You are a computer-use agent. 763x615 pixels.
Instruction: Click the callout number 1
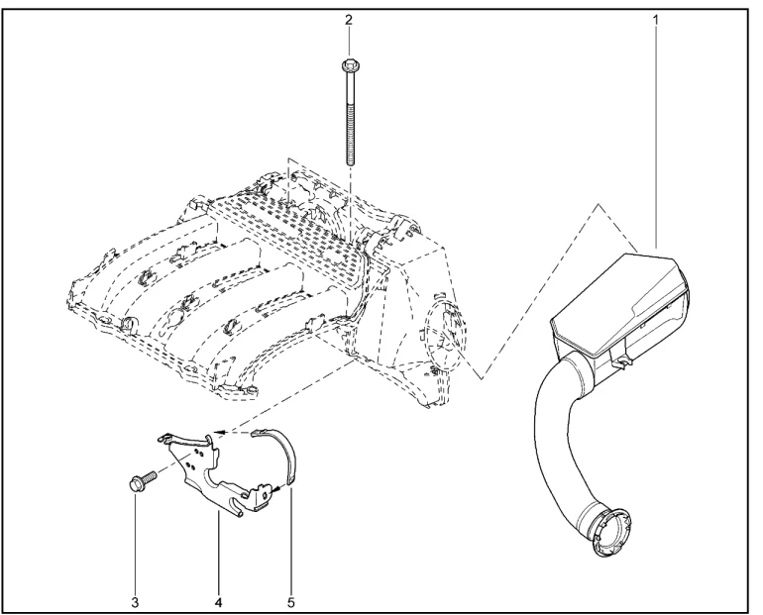(x=655, y=19)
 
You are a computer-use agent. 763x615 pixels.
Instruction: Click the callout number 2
(x=348, y=19)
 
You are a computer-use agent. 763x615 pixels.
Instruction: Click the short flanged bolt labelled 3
(x=140, y=484)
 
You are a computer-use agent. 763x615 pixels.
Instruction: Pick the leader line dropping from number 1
(x=655, y=129)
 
